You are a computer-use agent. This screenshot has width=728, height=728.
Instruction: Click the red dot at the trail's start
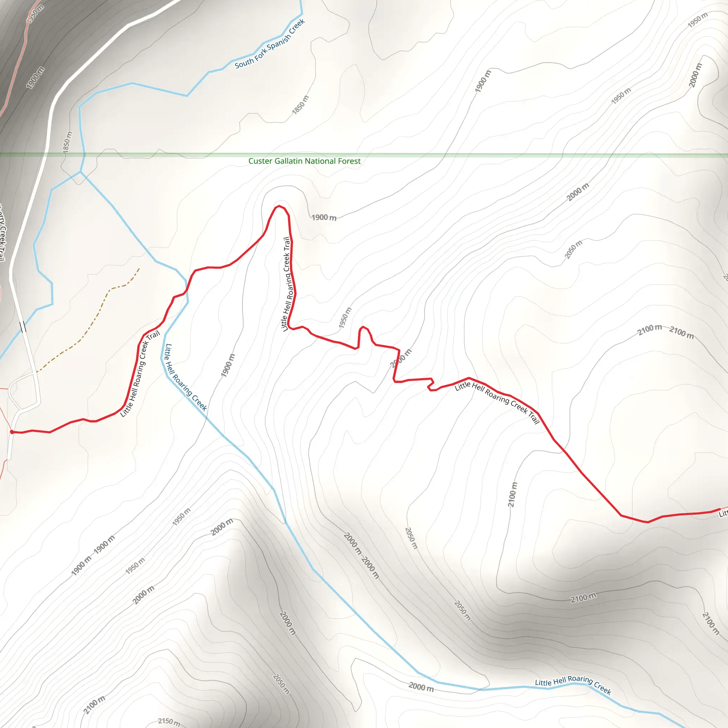click(12, 432)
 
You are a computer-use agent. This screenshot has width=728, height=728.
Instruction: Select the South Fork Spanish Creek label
click(270, 44)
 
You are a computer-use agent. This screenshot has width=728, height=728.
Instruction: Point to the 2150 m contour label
click(168, 721)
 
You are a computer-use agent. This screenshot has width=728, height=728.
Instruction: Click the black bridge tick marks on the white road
click(23, 326)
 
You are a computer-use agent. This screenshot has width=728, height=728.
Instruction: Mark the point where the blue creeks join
click(80, 172)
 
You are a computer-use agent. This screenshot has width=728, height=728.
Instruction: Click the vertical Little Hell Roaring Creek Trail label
click(287, 284)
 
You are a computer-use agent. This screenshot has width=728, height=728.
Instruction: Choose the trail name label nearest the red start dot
click(140, 374)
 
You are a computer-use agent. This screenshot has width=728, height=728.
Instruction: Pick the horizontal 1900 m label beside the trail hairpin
click(324, 218)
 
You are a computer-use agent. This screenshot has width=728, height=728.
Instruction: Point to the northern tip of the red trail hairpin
click(279, 206)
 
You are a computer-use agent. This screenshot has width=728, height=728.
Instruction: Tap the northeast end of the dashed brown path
click(139, 269)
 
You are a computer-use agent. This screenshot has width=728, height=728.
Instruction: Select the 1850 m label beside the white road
click(68, 142)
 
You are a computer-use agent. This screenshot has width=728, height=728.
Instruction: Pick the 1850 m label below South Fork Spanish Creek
click(300, 105)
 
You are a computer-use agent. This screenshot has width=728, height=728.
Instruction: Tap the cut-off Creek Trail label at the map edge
click(2, 232)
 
